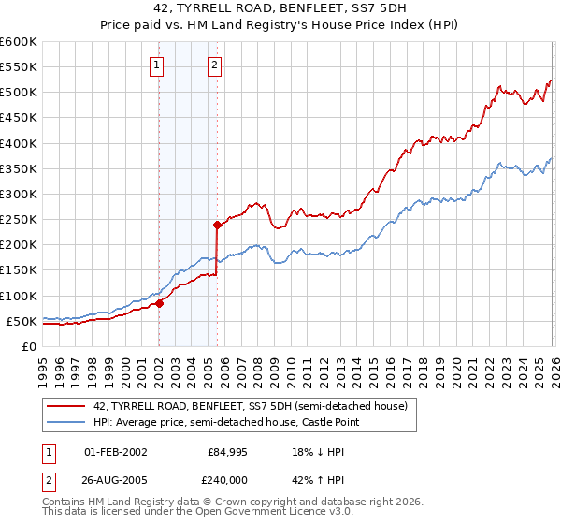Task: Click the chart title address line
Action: (x=280, y=7)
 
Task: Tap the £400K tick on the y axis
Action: (x=19, y=143)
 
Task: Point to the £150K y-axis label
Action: (x=19, y=270)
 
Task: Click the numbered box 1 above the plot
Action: (x=156, y=65)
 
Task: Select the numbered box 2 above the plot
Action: (x=215, y=65)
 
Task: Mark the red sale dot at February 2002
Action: (x=159, y=303)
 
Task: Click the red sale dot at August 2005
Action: (x=217, y=225)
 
